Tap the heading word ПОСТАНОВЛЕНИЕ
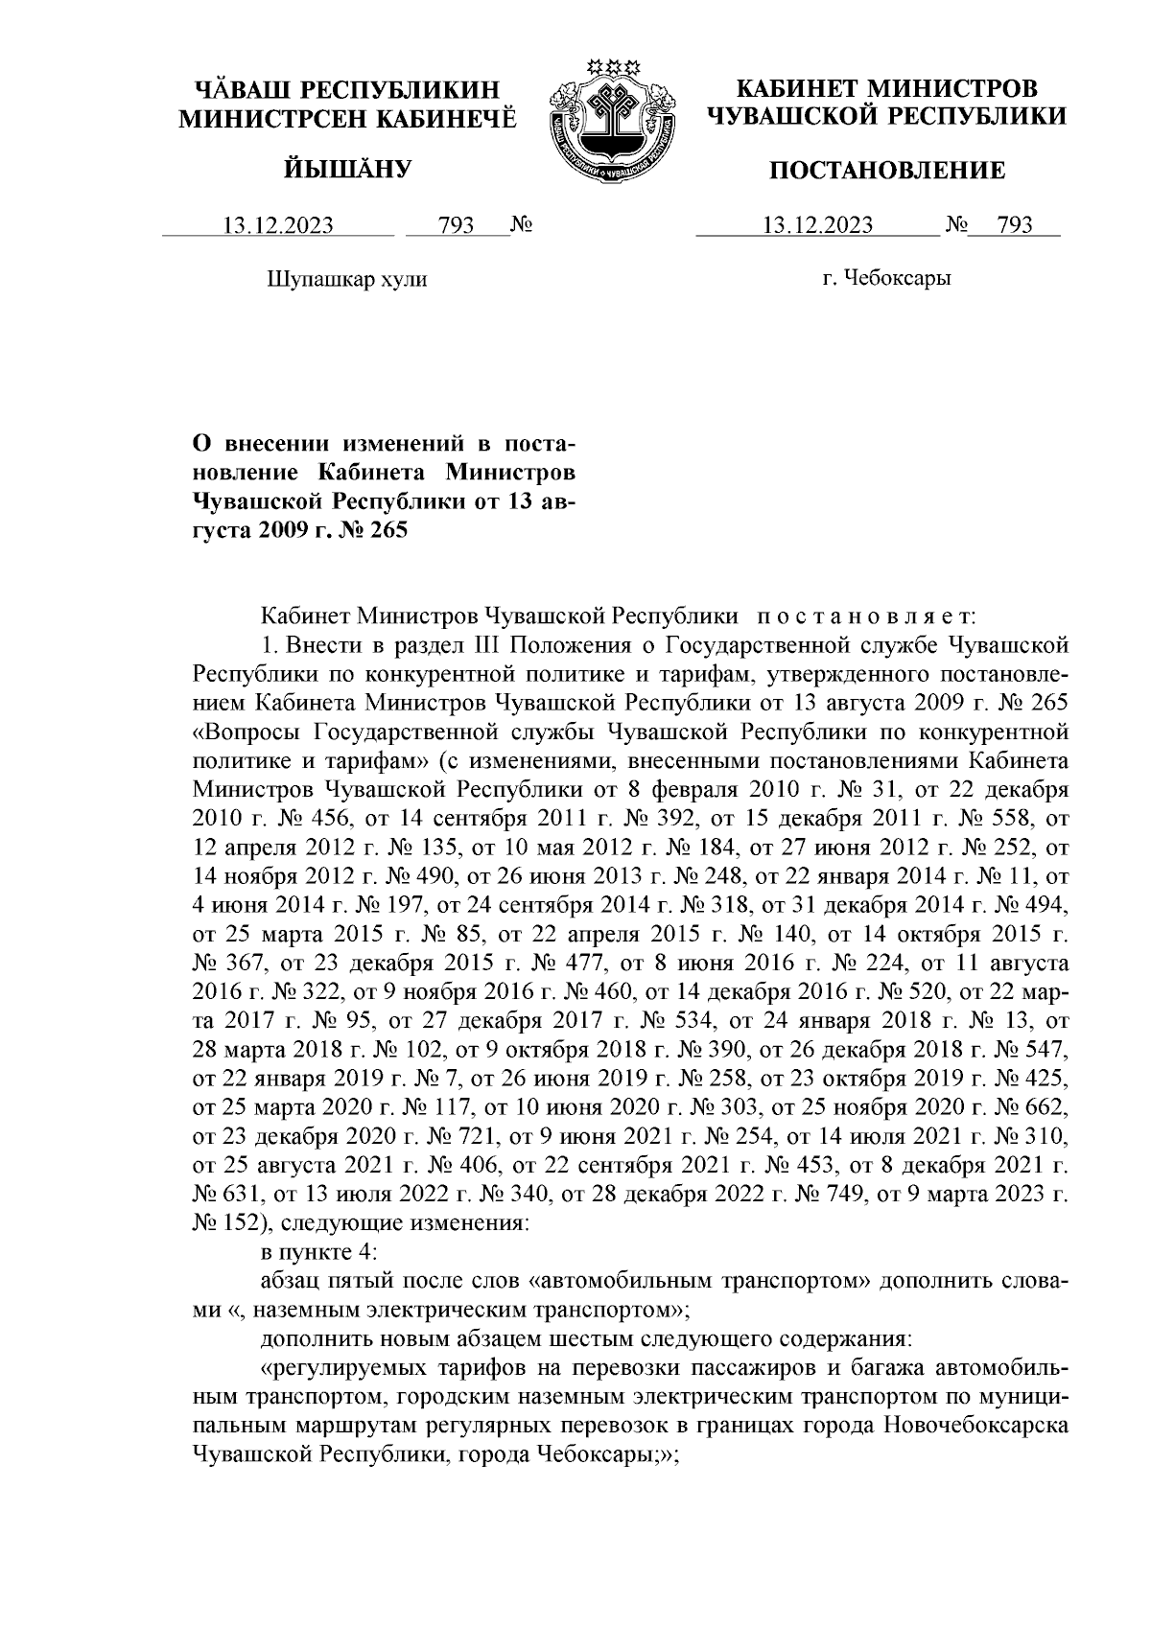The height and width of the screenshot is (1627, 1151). tap(889, 171)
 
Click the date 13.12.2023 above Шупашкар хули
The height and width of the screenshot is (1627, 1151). tap(278, 226)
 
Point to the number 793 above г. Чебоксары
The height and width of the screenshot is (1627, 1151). tap(1015, 226)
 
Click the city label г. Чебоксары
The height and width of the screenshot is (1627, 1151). tap(886, 279)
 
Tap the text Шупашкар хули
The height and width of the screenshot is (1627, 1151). tap(345, 279)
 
